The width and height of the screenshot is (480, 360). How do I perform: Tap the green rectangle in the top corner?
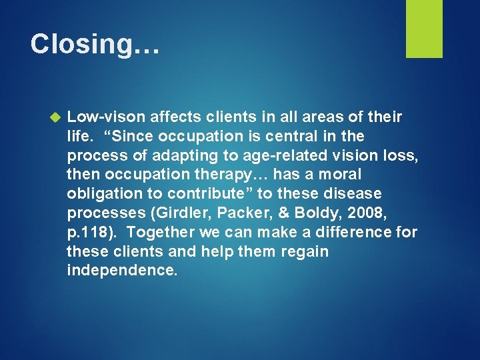click(x=424, y=29)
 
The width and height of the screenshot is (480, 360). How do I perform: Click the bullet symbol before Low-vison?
click(x=56, y=117)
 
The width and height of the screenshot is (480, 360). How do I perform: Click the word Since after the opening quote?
click(x=137, y=137)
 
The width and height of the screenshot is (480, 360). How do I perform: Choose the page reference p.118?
click(x=89, y=233)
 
